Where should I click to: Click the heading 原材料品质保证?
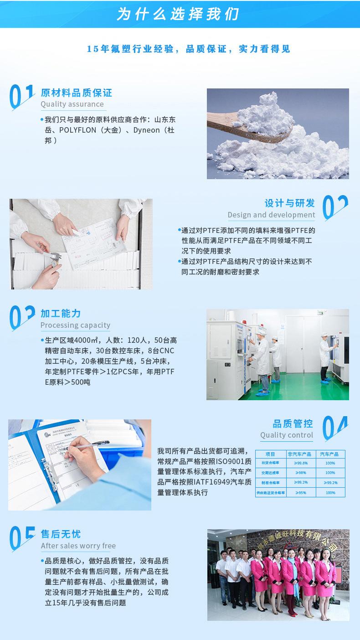(x=76, y=93)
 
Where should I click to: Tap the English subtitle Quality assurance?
(x=72, y=104)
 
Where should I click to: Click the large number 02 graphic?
(x=335, y=208)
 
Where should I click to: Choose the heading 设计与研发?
(x=290, y=203)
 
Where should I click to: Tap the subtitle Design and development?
(x=271, y=215)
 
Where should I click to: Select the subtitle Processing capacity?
(x=75, y=325)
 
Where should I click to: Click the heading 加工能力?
(x=61, y=314)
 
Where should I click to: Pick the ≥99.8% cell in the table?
(x=301, y=463)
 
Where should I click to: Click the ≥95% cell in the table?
(x=301, y=492)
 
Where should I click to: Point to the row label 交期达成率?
(x=271, y=473)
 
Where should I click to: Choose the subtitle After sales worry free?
(x=78, y=546)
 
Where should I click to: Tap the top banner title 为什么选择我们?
(x=178, y=14)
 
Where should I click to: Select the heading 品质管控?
(x=293, y=423)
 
